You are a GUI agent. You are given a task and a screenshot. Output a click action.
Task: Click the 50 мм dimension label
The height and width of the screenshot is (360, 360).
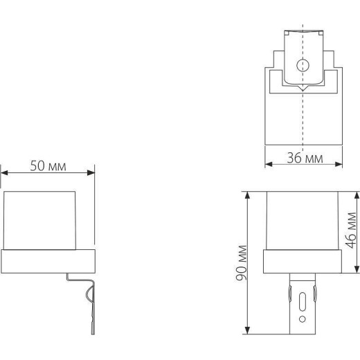[48, 165]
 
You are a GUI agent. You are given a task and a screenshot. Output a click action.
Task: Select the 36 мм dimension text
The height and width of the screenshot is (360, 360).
[305, 158]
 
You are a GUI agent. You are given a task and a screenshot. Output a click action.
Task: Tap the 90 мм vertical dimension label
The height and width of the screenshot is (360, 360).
[242, 263]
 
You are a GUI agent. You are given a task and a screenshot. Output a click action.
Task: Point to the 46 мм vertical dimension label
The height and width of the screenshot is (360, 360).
[352, 231]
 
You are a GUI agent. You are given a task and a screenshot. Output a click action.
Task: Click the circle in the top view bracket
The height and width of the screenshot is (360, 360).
[303, 65]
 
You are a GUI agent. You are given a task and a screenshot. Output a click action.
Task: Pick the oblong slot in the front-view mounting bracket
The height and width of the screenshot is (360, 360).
[303, 302]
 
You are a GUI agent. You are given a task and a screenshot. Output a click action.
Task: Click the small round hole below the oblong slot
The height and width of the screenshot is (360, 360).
[303, 319]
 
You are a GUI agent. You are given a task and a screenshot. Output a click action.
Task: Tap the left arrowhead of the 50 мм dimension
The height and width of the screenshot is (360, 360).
[4, 172]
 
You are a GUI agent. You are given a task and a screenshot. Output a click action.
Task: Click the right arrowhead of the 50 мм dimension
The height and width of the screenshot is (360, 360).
[91, 172]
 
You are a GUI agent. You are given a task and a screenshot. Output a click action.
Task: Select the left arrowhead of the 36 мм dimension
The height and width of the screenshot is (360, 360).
[269, 164]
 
